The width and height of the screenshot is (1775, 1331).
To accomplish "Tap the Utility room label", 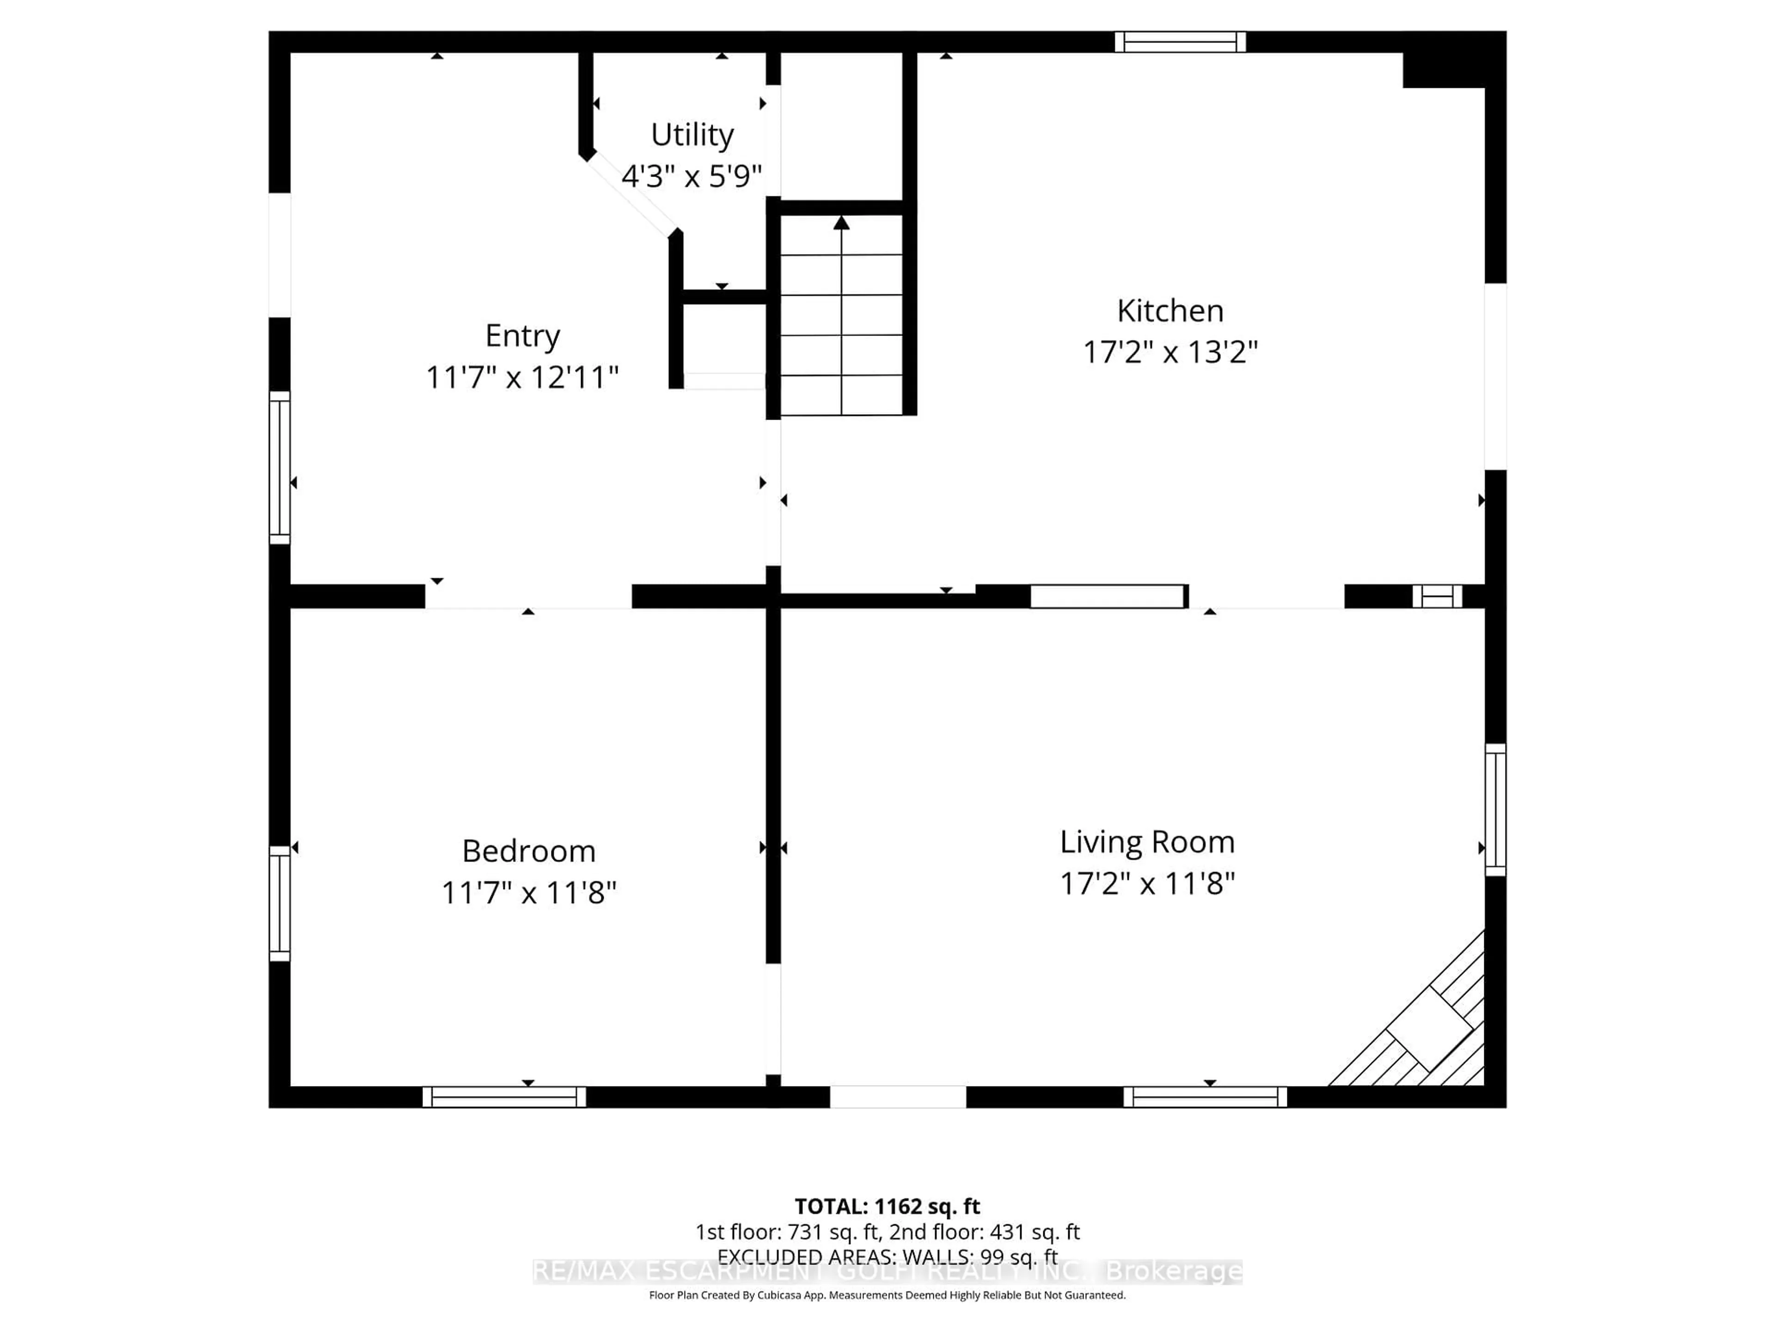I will (x=692, y=135).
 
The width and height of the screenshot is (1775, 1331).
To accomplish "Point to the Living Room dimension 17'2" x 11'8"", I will (x=1147, y=883).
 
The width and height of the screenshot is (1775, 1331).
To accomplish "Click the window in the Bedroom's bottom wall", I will (x=504, y=1097).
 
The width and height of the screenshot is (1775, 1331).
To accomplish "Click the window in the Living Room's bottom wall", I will (x=1205, y=1097).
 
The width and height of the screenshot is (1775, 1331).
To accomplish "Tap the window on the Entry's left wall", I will (x=279, y=467).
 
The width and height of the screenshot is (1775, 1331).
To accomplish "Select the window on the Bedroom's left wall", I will (x=279, y=903).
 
